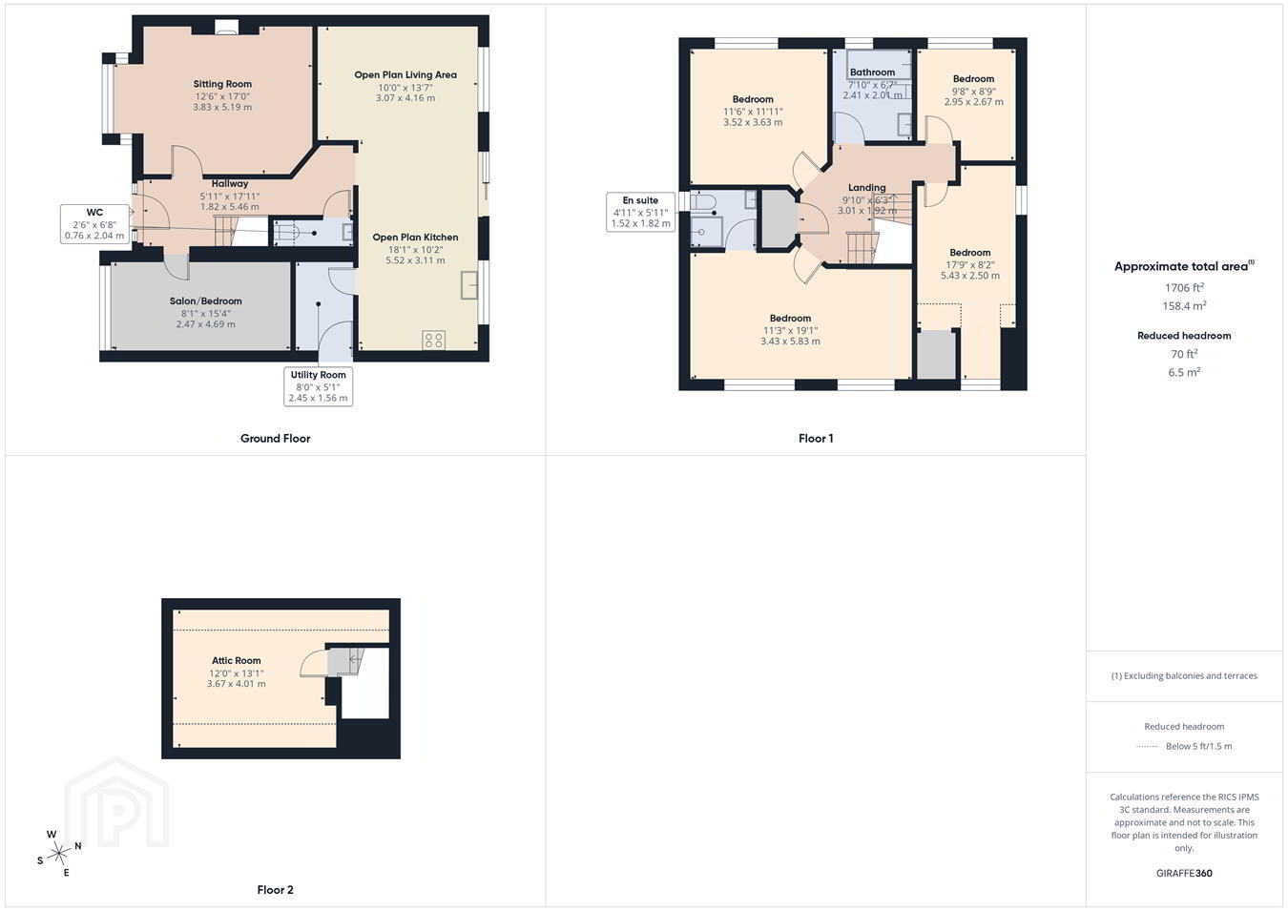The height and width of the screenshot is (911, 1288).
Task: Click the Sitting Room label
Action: coord(222,84)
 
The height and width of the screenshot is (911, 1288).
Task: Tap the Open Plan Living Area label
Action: coord(405,74)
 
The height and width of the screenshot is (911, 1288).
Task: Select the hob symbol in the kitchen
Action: coord(433,340)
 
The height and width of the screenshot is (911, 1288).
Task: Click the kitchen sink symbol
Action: coord(469,285)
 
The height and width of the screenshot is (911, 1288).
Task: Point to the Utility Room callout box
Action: coord(318,386)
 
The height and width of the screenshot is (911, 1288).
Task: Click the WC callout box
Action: coord(94,223)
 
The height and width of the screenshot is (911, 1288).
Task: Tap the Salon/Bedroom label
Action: coord(205,301)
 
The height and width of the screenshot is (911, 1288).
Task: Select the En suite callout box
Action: coord(640,212)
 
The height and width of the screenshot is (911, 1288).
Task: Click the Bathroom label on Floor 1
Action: coord(872,72)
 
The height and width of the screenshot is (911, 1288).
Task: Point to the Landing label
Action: coord(866,187)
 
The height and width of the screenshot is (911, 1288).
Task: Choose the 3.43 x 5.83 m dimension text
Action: coord(790,341)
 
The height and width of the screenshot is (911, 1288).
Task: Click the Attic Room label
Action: coord(236,660)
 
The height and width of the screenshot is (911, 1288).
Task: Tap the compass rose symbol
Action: coord(58,853)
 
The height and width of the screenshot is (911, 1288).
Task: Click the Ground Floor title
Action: coord(275,439)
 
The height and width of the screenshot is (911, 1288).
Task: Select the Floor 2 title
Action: coord(275,890)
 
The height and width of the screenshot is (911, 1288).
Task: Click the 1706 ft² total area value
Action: coord(1184,287)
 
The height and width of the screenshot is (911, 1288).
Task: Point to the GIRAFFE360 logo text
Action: coord(1184,873)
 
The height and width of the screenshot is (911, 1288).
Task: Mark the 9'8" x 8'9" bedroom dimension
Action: coord(973,91)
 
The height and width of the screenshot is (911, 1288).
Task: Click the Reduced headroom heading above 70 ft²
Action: coord(1184,336)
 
